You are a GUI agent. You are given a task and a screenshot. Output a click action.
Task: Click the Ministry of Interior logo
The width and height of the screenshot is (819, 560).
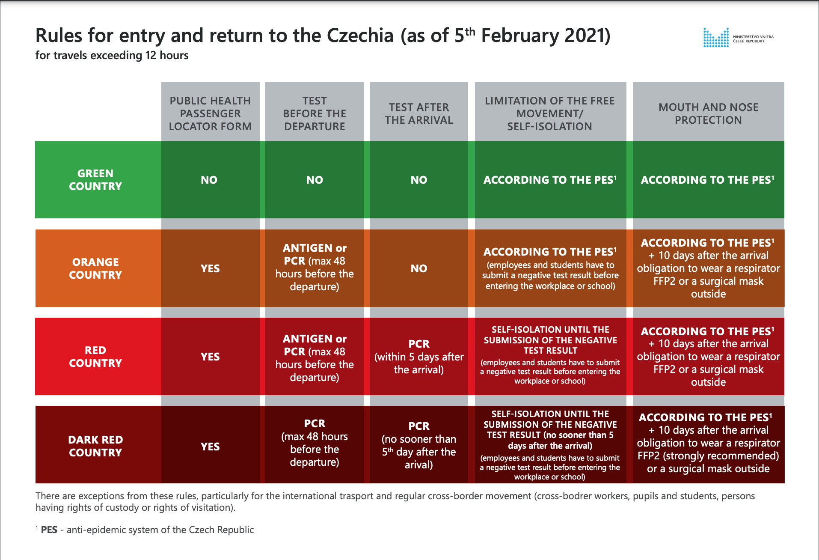(x=738, y=38)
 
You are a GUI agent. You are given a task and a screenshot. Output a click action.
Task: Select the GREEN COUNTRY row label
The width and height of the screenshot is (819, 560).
(x=95, y=180)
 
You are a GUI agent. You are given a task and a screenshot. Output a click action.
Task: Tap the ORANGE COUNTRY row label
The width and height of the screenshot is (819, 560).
(x=95, y=268)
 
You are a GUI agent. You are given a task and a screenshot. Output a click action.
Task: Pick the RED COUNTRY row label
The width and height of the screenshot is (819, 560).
(x=95, y=357)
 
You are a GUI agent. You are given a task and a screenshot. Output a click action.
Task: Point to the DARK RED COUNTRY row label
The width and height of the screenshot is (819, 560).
(x=95, y=446)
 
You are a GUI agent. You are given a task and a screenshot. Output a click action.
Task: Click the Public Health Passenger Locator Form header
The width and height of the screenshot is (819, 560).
(x=210, y=113)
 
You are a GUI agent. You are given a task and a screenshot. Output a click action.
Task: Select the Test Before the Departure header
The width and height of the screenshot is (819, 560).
(x=315, y=113)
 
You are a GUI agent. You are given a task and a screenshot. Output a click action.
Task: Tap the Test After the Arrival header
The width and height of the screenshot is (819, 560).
(x=419, y=113)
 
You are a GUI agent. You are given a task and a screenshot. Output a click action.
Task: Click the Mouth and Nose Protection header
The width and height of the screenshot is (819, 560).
(x=708, y=113)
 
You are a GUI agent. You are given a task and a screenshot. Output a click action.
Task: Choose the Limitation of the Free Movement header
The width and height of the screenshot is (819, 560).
(x=550, y=113)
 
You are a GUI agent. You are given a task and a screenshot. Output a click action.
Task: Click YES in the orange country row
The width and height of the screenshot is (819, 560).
(x=210, y=268)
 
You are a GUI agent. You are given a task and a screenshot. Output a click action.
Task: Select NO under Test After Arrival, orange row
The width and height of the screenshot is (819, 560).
(x=419, y=268)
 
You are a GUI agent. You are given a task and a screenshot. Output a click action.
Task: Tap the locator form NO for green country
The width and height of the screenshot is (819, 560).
(x=209, y=180)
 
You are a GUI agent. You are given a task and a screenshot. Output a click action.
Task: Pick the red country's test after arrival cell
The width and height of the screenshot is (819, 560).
(x=419, y=357)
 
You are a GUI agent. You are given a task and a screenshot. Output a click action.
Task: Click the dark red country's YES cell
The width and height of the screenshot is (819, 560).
(x=210, y=447)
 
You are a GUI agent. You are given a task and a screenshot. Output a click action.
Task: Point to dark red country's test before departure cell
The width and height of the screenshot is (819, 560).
(x=315, y=443)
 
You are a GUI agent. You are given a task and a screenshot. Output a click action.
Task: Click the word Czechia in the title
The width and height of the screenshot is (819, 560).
(x=360, y=36)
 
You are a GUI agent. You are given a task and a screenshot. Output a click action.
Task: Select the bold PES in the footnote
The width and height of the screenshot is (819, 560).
(x=49, y=530)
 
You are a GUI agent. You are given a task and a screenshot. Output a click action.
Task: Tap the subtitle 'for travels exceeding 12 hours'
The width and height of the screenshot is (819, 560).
(x=112, y=56)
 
